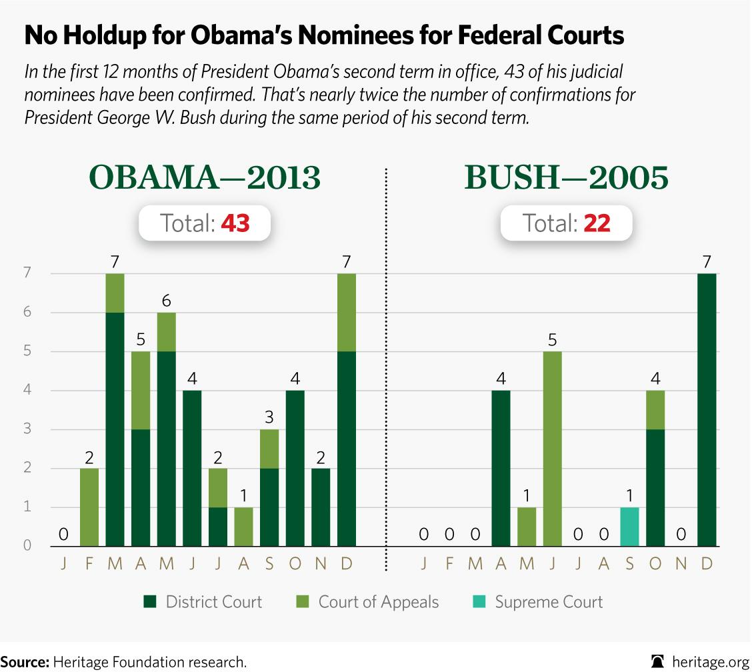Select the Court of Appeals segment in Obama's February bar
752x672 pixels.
89,507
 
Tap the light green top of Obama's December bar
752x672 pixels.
347,312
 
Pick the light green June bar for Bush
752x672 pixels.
553,449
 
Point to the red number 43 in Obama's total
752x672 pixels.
235,223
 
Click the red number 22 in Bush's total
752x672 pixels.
597,223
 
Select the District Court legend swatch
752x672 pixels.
151,603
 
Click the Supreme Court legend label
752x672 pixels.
549,603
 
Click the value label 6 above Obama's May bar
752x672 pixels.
166,300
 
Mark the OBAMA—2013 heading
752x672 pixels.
205,178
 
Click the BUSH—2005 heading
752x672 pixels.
566,178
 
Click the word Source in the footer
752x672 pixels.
24,662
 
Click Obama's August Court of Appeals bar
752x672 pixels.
243,527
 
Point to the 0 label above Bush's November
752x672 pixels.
681,534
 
